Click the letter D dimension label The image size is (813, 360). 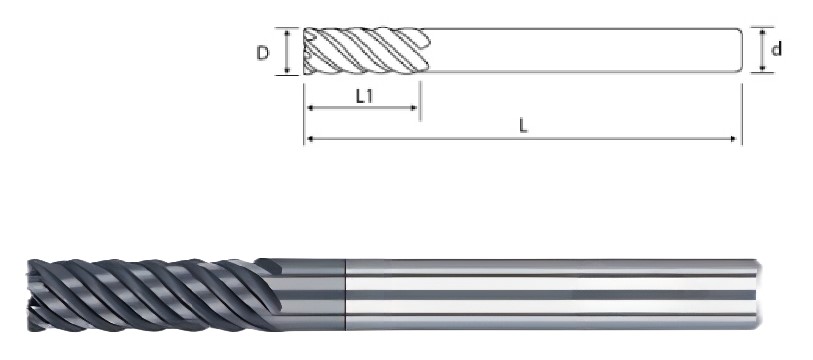[x=263, y=53]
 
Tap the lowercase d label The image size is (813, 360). [x=776, y=50]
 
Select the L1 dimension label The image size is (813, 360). [x=365, y=96]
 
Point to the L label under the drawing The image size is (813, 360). [x=523, y=126]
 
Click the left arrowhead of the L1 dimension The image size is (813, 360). [x=310, y=108]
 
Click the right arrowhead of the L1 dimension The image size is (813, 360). [x=414, y=108]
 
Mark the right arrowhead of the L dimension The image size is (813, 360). [x=733, y=139]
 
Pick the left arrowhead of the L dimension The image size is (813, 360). [x=310, y=139]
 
